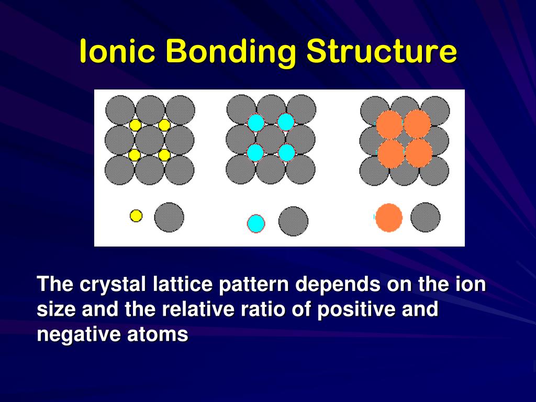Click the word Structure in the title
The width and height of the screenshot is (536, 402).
pos(382,52)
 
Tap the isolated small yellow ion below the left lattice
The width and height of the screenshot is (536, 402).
pos(136,216)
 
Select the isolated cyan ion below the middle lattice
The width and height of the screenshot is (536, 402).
pos(256,224)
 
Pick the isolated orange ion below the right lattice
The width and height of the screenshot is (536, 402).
pos(389,218)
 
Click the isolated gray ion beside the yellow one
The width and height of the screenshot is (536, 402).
pos(169,217)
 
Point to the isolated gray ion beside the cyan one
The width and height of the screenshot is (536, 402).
pos(293,221)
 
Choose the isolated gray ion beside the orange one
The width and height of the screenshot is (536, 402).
pos(425,217)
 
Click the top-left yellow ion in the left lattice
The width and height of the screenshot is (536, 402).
pos(135,125)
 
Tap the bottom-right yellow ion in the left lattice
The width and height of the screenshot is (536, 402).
pos(164,155)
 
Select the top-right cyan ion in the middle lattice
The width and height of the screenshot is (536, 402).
pos(286,122)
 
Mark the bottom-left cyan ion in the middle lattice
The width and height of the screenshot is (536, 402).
pos(255,153)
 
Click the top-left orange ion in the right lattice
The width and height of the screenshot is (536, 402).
pos(389,125)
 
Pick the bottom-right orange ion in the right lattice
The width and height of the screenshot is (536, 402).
pos(419,154)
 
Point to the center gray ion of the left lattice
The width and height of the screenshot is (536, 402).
pos(150,140)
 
